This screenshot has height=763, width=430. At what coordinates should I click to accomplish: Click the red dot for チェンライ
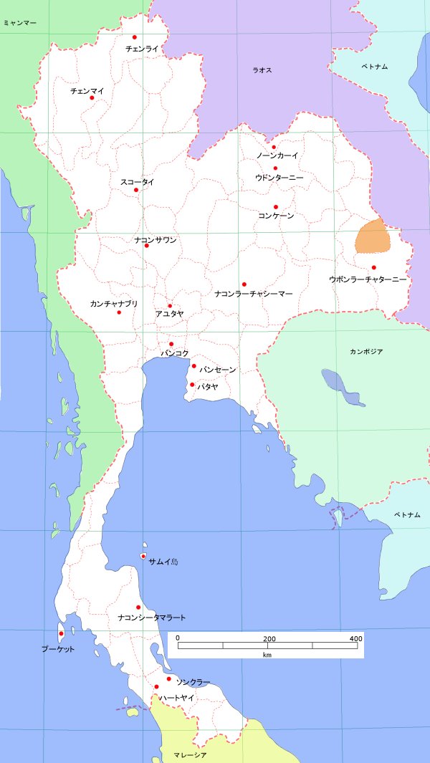tap(135, 37)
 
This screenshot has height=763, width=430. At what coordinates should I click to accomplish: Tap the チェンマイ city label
tap(87, 91)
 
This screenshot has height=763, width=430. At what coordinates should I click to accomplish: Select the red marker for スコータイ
tap(136, 190)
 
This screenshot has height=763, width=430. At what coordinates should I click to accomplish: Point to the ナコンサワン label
tap(156, 239)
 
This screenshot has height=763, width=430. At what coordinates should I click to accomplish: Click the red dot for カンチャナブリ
tap(119, 312)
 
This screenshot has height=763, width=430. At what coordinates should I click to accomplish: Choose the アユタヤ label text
tap(169, 314)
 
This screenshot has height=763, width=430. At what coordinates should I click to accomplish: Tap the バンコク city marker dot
tap(171, 344)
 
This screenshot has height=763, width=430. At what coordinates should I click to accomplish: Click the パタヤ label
tap(208, 386)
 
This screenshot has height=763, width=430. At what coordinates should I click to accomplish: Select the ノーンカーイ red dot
tap(274, 148)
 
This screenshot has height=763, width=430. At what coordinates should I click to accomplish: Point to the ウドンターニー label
tap(279, 177)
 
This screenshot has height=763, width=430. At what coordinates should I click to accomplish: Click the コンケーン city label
tap(276, 216)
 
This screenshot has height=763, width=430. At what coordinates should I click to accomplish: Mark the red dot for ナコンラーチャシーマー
tap(244, 284)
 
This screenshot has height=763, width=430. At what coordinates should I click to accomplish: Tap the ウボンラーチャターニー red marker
tap(373, 268)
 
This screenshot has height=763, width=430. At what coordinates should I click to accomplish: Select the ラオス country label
tap(262, 70)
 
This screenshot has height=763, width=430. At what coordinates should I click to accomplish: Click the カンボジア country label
tap(366, 352)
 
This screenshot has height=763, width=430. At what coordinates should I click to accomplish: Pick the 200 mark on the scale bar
tap(269, 638)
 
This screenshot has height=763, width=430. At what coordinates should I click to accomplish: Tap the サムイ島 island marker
tap(143, 557)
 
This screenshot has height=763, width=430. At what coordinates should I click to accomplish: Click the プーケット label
tap(57, 649)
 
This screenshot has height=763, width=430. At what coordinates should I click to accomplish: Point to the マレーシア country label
tap(190, 755)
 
